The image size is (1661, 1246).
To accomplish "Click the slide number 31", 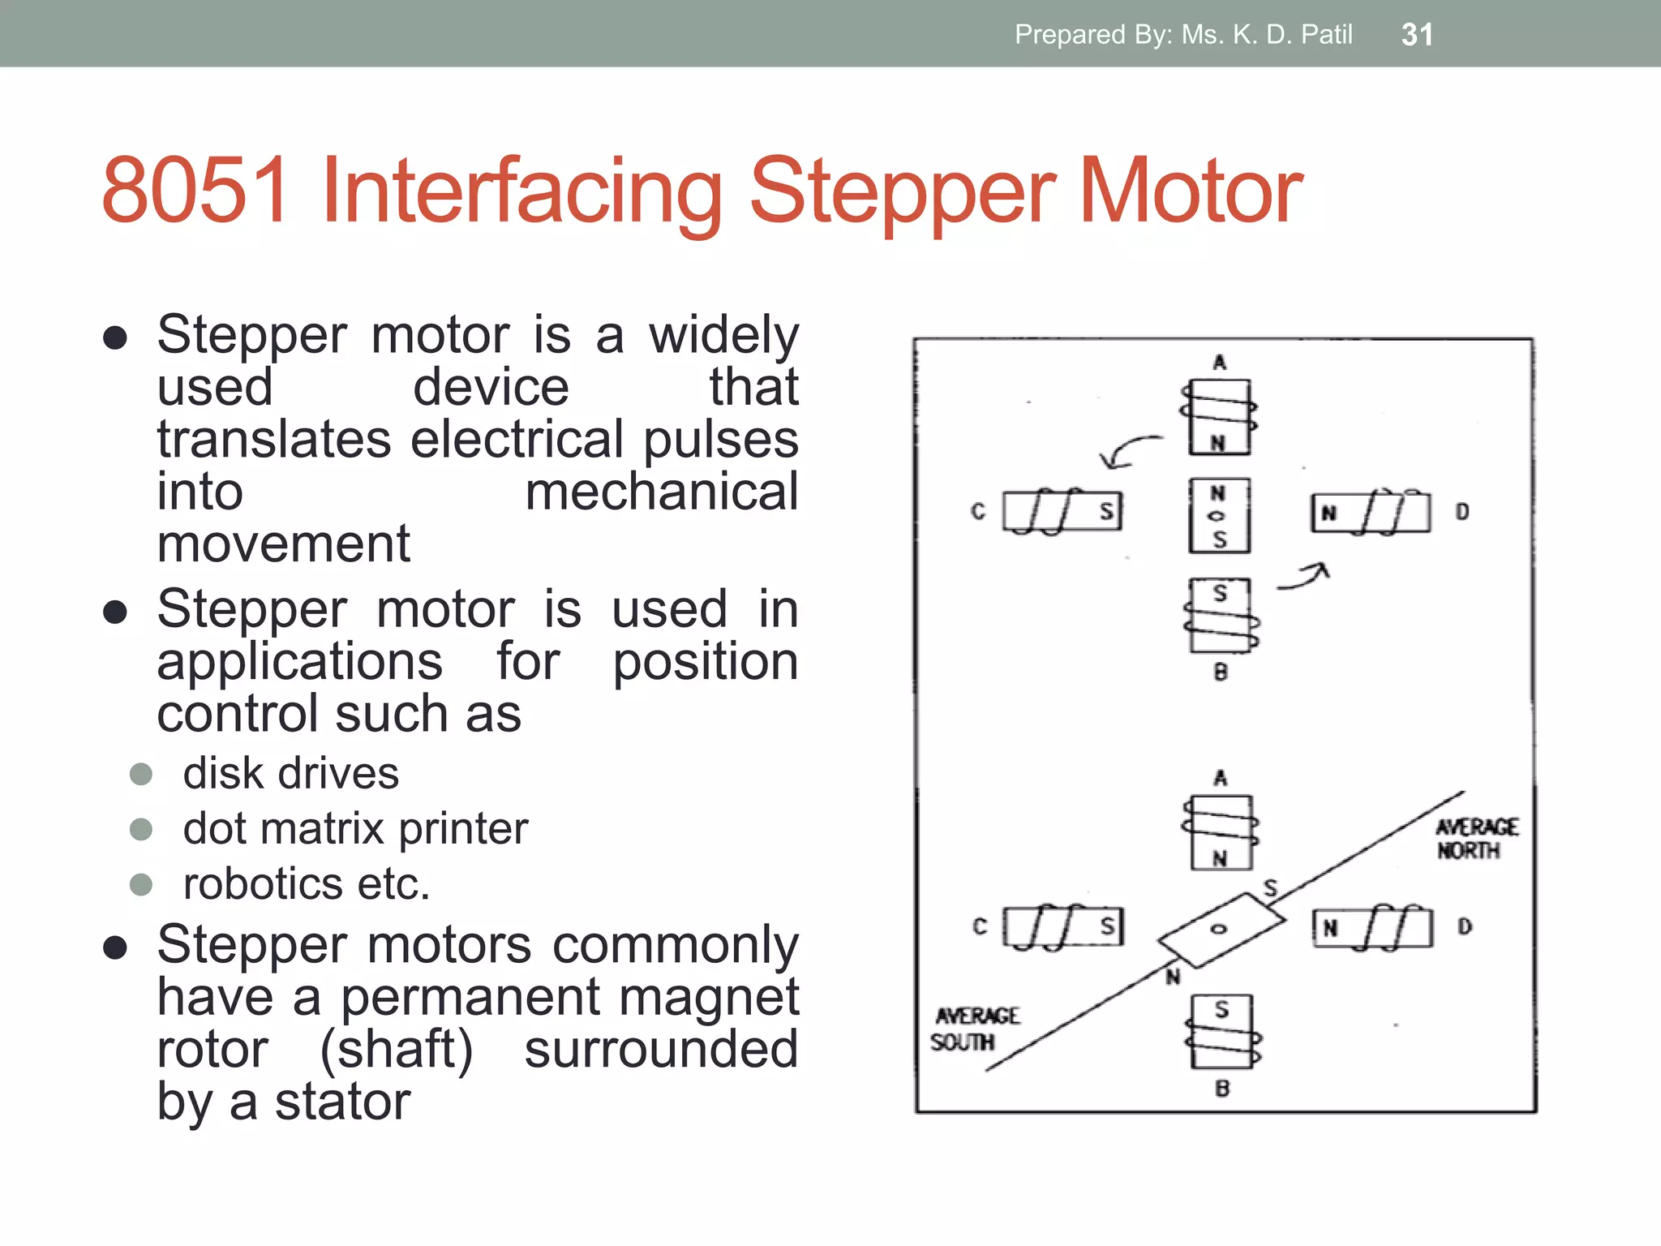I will tap(1417, 34).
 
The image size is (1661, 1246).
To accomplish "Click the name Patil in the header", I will tap(1326, 34).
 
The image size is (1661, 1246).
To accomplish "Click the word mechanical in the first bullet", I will tap(661, 492).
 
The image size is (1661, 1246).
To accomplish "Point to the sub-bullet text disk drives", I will tap(290, 773).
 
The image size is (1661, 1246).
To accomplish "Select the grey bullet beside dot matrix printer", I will tap(141, 829).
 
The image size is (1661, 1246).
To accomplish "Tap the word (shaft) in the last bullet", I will tap(396, 1049).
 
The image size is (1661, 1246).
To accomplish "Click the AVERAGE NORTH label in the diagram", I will tap(1475, 839).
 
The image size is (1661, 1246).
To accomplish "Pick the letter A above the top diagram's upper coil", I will tap(1219, 363).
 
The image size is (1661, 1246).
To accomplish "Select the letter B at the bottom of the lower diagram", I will tap(1222, 1089).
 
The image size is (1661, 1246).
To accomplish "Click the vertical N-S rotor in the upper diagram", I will tap(1219, 516).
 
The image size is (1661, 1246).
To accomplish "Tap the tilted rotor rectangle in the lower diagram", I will tap(1221, 930).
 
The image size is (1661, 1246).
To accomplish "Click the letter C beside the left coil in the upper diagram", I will tap(978, 512).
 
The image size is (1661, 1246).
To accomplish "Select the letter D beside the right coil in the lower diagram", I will tap(1465, 926).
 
